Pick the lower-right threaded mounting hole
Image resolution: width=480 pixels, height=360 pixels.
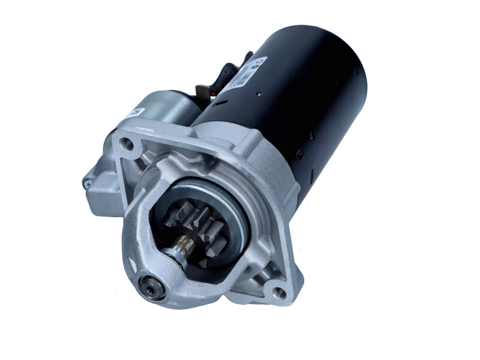coord(279,292)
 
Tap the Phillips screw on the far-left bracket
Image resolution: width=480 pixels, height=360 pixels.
coord(88,184)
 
